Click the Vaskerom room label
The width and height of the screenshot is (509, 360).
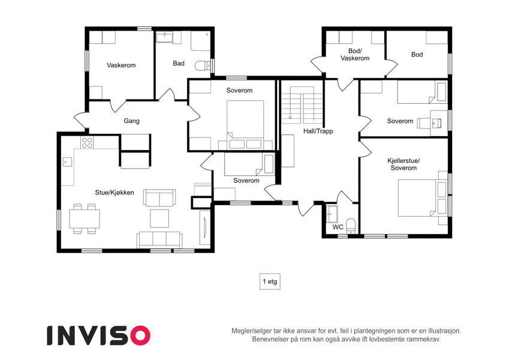point(121,65)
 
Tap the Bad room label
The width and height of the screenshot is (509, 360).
point(179,64)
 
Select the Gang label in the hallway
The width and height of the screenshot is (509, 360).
point(131,121)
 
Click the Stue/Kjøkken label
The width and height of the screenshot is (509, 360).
point(115,193)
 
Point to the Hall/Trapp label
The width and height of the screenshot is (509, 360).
point(318,131)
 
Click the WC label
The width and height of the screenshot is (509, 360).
point(338,227)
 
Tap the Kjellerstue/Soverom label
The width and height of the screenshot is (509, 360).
point(403,164)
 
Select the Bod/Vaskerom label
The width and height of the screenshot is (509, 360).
point(355,55)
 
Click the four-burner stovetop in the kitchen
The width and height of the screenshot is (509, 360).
point(87,143)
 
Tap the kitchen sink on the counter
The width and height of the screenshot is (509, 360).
point(67,161)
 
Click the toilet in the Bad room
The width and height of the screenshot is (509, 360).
point(203,66)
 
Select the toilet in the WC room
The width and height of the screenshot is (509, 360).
point(351,226)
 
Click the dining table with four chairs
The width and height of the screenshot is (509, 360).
point(85,218)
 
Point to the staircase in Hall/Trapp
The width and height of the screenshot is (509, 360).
point(302,104)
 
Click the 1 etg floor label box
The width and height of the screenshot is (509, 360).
point(270,281)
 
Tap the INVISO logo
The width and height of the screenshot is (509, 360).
point(99,335)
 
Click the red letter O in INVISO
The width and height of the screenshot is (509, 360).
point(140,335)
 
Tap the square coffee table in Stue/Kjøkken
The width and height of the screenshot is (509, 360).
point(159,218)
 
